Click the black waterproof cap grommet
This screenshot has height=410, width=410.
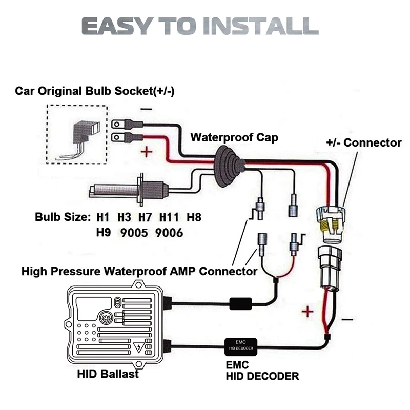pyautogui.click(x=229, y=167)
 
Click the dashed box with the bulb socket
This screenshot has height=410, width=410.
pyautogui.click(x=77, y=134)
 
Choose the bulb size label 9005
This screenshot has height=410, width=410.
pyautogui.click(x=135, y=233)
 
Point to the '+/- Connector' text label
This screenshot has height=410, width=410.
pyautogui.click(x=363, y=142)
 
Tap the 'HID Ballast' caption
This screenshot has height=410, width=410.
pyautogui.click(x=108, y=374)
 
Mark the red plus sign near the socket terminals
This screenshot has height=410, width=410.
pyautogui.click(x=146, y=152)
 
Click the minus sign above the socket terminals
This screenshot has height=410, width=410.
pyautogui.click(x=146, y=109)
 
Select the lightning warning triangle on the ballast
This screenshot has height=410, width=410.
pyautogui.click(x=138, y=351)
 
